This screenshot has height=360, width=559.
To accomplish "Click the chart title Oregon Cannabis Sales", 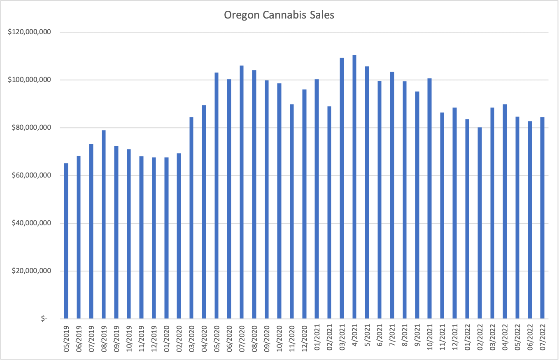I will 279,15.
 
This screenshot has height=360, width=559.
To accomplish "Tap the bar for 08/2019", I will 104,224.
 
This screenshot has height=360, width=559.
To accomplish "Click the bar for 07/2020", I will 242,192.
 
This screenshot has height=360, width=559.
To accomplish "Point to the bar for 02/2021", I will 329,213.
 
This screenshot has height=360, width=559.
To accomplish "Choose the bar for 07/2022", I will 543,218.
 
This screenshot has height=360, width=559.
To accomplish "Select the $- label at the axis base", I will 44,319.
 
